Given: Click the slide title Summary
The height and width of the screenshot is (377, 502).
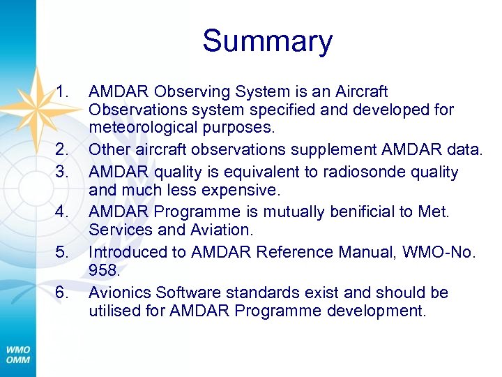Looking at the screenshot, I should (x=268, y=41).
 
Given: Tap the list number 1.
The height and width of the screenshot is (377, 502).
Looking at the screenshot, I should (x=63, y=91).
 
